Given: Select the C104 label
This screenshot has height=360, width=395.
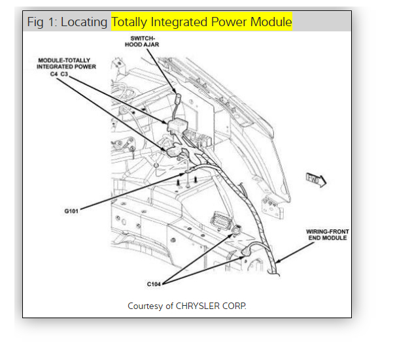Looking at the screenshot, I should coord(154,284).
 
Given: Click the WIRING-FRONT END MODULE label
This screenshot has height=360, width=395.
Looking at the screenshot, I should coord(326,235).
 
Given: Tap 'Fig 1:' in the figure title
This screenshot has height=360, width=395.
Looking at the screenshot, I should coord(41,22).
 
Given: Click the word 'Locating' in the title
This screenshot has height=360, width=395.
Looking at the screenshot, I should coord(84,22).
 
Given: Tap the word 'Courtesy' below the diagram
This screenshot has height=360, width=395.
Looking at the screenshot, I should coord(146,306).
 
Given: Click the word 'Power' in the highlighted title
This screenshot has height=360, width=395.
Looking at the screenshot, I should coord(230,22).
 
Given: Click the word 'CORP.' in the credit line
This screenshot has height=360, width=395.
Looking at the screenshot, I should coord(237,306).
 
